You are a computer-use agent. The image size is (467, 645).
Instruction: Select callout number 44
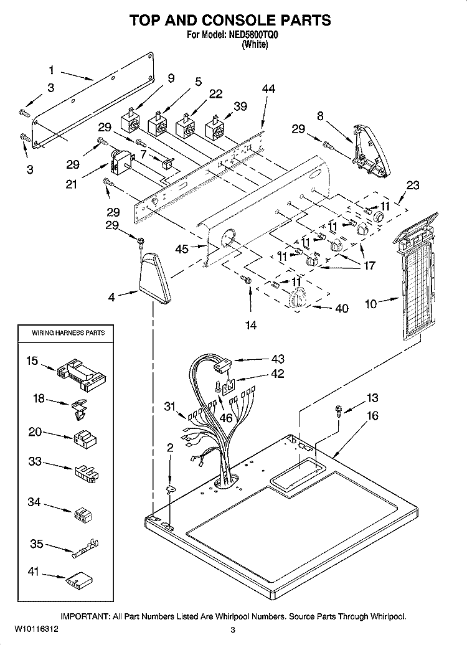(x=268, y=88)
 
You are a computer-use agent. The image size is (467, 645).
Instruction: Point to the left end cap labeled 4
(x=154, y=278)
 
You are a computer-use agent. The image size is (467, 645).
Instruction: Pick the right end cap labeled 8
(x=372, y=151)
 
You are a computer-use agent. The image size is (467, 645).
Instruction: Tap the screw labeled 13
(x=339, y=410)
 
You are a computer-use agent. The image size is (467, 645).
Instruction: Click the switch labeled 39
(x=215, y=127)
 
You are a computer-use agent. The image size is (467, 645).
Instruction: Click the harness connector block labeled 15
(x=82, y=372)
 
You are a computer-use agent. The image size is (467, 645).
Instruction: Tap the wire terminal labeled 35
(x=86, y=547)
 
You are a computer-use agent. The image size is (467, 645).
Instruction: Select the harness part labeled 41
(x=79, y=580)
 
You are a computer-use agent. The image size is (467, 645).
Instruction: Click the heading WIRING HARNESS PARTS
(x=68, y=333)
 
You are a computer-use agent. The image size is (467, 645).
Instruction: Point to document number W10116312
(x=35, y=629)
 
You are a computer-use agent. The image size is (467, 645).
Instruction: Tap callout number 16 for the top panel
(x=372, y=416)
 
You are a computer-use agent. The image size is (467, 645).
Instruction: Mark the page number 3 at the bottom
(x=233, y=630)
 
